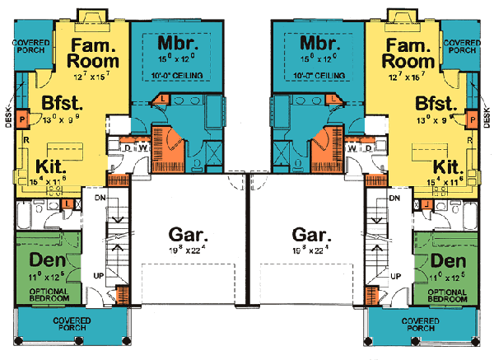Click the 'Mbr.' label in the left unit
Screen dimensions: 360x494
pos(171,43)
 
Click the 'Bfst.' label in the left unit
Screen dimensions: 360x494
pos(52,105)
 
